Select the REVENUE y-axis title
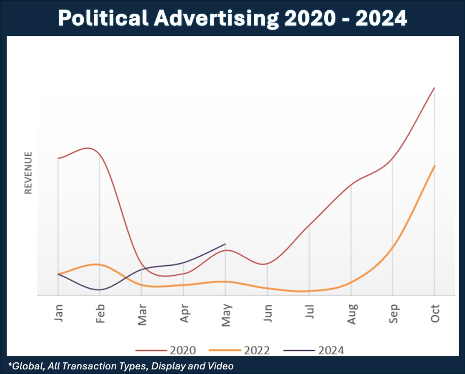[x=28, y=173]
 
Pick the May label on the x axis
[x=225, y=314]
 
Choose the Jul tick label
[x=309, y=312]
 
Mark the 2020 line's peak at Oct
[x=435, y=88]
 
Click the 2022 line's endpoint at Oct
[x=435, y=166]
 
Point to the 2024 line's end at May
[x=225, y=244]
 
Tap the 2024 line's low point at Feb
[x=99, y=289]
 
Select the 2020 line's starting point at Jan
[x=58, y=158]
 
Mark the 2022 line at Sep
[x=392, y=247]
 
